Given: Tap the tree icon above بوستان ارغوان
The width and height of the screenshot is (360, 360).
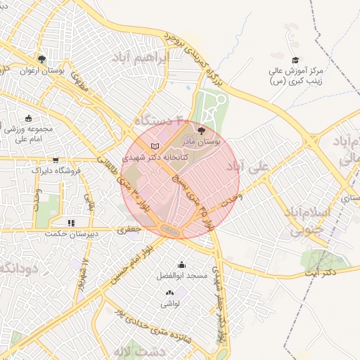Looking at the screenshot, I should [42, 59].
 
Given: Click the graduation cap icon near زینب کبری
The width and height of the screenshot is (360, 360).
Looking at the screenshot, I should [295, 60].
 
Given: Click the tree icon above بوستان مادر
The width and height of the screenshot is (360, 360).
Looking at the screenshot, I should [202, 131].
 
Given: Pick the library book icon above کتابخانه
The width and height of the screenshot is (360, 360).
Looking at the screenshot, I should [155, 146].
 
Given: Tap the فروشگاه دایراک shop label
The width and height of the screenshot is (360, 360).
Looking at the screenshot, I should [57, 169].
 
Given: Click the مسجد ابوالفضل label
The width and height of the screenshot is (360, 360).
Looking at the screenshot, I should [182, 276].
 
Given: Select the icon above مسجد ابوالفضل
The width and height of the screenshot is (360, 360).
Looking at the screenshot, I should [182, 265].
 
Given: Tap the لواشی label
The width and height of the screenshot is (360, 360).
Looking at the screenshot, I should [171, 304].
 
